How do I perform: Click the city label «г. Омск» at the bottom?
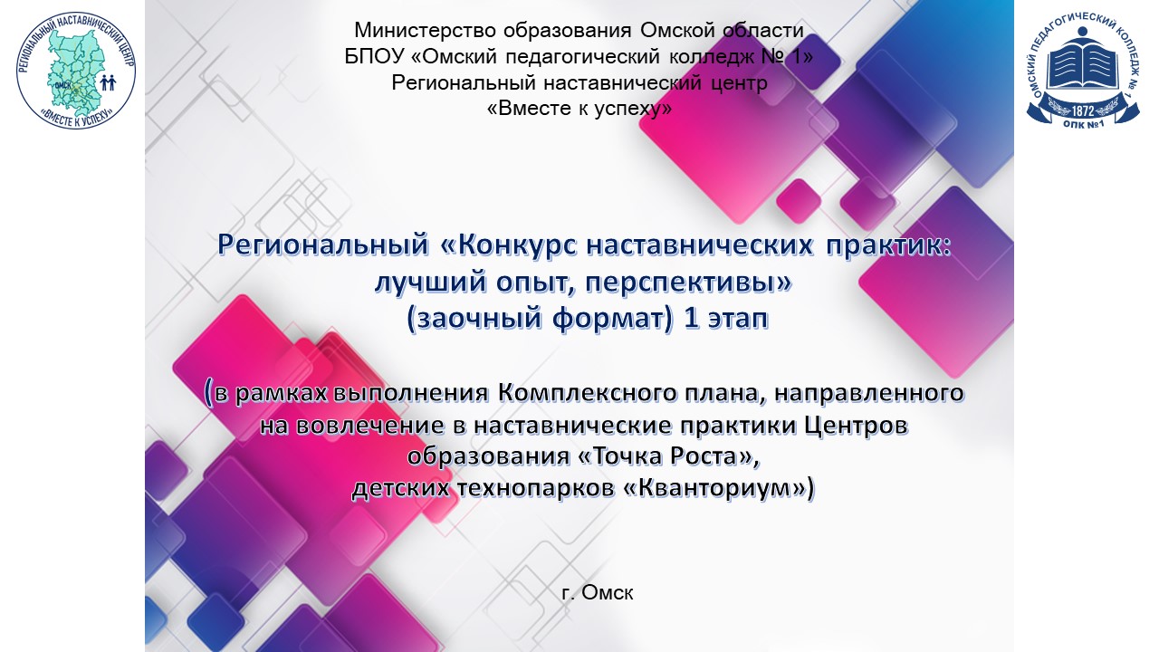click(597, 593)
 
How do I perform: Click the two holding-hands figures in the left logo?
click(109, 83)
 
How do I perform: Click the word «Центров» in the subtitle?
click(853, 425)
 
